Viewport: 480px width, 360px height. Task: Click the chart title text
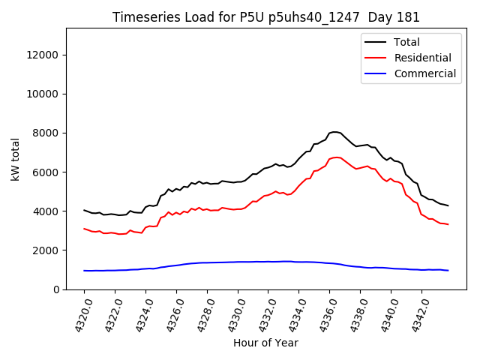click(266, 17)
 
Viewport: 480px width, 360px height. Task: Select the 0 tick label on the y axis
click(57, 289)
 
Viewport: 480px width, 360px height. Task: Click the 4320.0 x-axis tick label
click(78, 315)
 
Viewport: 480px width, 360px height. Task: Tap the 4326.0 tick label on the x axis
click(170, 315)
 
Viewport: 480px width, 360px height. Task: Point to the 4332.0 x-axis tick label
click(262, 315)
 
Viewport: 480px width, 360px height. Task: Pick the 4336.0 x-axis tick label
click(324, 315)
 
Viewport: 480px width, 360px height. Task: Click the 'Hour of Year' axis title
click(265, 343)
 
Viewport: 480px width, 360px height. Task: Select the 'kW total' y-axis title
click(14, 158)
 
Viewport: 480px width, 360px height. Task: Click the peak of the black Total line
click(334, 132)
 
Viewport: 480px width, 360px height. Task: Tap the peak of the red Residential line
click(336, 157)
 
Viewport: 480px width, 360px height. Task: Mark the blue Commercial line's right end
click(448, 270)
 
